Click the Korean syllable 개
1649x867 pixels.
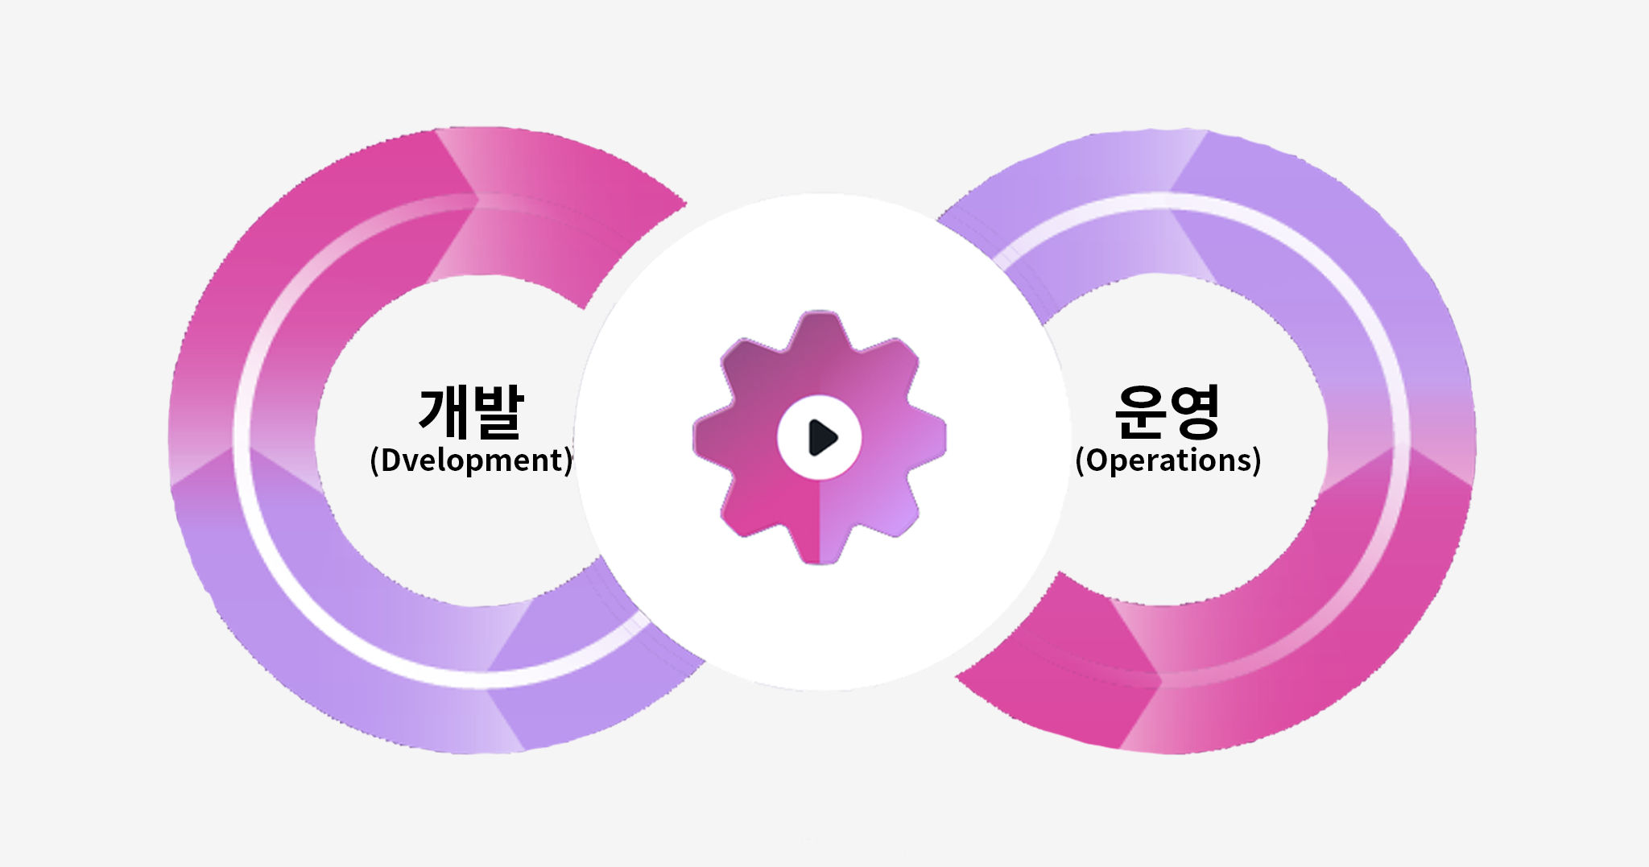[444, 411]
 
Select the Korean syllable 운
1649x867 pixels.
[1140, 411]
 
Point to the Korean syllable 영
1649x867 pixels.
[1194, 411]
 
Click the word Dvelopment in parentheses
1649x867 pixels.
[472, 460]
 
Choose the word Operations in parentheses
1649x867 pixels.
[1168, 460]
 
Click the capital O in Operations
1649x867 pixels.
[1097, 460]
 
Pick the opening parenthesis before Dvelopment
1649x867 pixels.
[374, 461]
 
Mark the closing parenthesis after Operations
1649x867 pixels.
[1257, 461]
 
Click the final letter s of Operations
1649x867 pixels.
[1245, 461]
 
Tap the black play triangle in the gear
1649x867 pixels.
[821, 437]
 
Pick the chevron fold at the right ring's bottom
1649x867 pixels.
[1143, 676]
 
